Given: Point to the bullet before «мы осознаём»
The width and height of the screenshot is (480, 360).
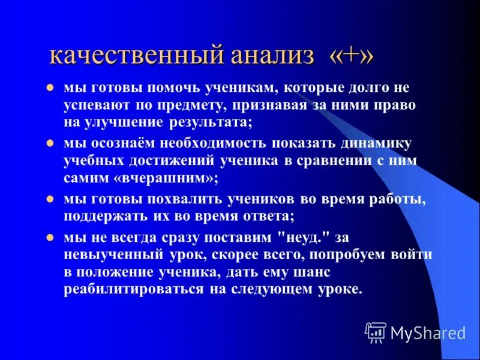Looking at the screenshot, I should pos(52,144).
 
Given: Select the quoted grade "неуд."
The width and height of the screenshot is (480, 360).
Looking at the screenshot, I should pos(290,238).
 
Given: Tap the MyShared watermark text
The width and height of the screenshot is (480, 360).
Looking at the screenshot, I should pos(427,332).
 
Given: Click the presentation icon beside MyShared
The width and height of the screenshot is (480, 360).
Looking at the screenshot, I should pos(376,332).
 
